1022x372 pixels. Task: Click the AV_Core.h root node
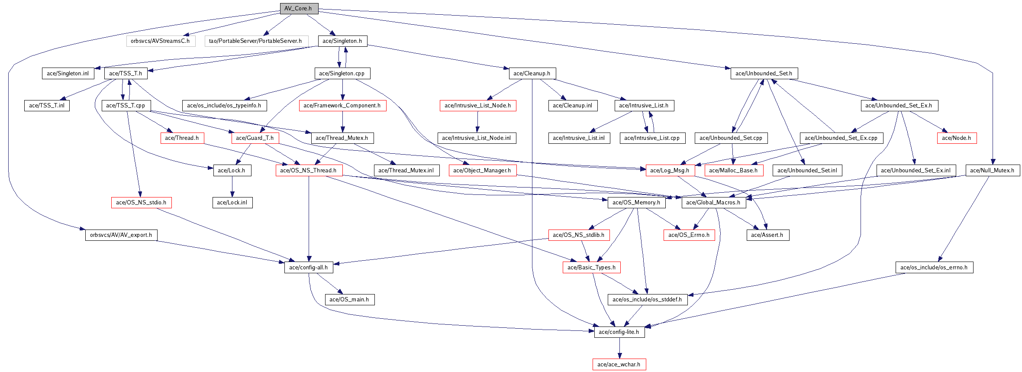click(x=299, y=8)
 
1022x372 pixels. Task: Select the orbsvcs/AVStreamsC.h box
click(x=161, y=41)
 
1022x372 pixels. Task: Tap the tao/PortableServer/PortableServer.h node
click(x=256, y=41)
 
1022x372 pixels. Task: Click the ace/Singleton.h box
click(x=342, y=41)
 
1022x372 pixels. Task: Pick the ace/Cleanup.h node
click(x=532, y=74)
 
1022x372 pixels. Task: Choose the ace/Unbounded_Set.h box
click(x=764, y=74)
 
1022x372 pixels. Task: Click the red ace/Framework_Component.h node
click(x=342, y=106)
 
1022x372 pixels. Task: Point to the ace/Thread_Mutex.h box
click(x=342, y=138)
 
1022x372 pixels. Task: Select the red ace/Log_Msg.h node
click(x=670, y=171)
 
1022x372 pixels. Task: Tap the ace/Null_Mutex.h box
click(x=993, y=171)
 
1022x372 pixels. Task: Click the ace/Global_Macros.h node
click(x=713, y=203)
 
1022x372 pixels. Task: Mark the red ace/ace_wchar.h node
click(x=619, y=365)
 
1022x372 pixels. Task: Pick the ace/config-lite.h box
click(x=619, y=332)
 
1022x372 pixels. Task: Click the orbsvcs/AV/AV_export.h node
click(x=121, y=235)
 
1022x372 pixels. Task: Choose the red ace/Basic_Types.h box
click(x=592, y=268)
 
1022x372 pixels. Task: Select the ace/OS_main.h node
click(x=349, y=300)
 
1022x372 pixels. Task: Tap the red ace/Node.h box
click(x=957, y=138)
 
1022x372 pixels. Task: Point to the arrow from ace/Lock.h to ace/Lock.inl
click(x=232, y=187)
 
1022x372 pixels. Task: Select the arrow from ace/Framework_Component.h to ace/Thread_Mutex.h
click(x=342, y=122)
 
